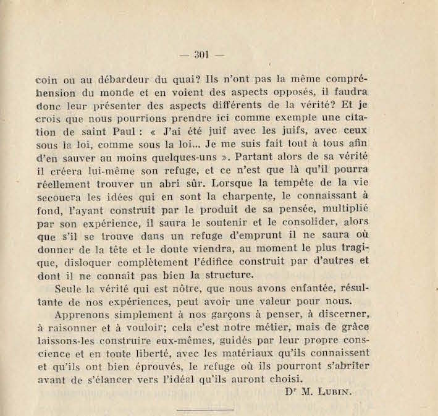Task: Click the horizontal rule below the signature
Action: point(205,409)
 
